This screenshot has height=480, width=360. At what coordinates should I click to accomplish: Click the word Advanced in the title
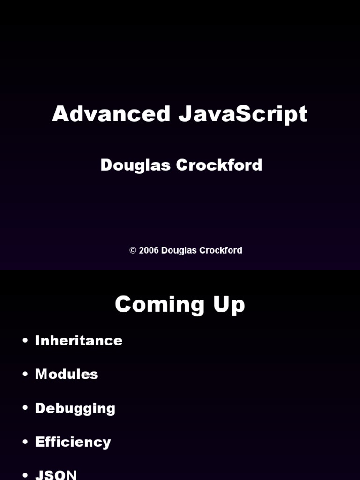[111, 114]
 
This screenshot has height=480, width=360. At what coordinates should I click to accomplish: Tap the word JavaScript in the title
[243, 115]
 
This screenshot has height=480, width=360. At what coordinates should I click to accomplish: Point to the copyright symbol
[133, 250]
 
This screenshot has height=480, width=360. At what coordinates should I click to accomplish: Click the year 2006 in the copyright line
[149, 250]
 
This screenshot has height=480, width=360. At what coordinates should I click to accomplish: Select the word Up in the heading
[229, 305]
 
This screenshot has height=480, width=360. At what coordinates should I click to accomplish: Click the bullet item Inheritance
[79, 340]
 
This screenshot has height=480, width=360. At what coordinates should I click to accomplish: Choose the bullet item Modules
[67, 374]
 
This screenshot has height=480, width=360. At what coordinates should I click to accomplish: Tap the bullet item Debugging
[75, 408]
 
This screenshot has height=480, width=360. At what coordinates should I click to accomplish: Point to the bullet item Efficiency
[73, 442]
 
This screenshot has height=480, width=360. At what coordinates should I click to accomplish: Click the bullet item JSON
[56, 474]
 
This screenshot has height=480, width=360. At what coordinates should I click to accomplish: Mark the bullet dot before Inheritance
[25, 341]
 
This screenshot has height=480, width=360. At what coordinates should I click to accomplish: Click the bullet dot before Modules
[25, 375]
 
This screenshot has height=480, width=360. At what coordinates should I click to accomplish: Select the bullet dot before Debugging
[25, 408]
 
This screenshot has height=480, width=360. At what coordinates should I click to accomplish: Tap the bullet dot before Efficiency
[25, 442]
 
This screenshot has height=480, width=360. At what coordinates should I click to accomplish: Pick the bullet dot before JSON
[25, 475]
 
